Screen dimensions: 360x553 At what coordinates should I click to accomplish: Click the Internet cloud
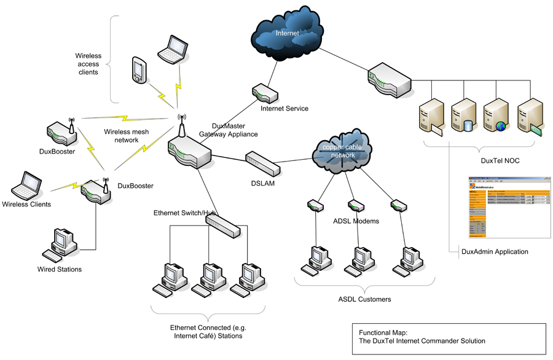tap(286, 33)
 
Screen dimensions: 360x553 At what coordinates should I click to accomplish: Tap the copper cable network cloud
tap(343, 151)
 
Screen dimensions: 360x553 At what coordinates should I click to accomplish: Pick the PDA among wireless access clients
tap(139, 70)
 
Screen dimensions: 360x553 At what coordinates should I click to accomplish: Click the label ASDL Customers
tap(365, 299)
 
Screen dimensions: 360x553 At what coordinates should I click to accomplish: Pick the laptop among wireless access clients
tap(173, 49)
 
